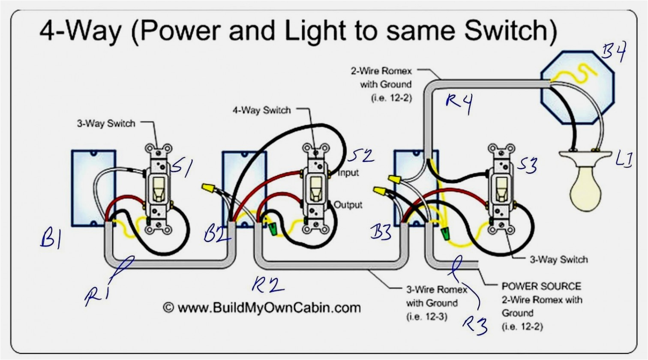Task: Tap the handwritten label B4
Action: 613,52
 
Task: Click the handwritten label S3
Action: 527,165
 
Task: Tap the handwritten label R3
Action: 474,324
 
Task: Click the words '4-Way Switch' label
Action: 261,110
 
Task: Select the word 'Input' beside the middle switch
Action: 348,173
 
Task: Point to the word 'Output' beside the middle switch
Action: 348,205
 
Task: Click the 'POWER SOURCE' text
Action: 541,286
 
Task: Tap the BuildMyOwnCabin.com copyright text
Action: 262,307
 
